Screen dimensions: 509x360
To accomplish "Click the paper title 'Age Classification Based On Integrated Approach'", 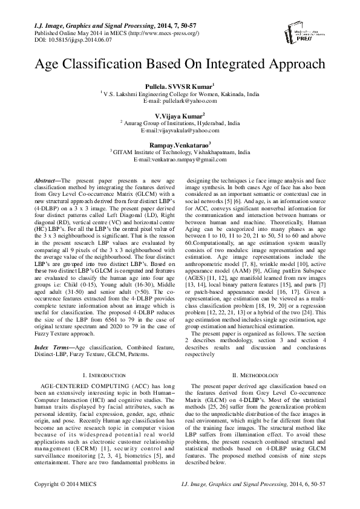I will point(179,64).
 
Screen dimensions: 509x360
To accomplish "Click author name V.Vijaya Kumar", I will point(179,115).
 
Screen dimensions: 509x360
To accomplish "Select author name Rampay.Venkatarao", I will point(179,144).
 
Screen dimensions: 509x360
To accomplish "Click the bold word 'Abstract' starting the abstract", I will point(45,181).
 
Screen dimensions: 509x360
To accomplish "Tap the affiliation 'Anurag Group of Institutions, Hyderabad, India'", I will point(181,123).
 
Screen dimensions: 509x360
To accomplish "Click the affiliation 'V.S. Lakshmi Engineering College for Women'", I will point(181,95).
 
